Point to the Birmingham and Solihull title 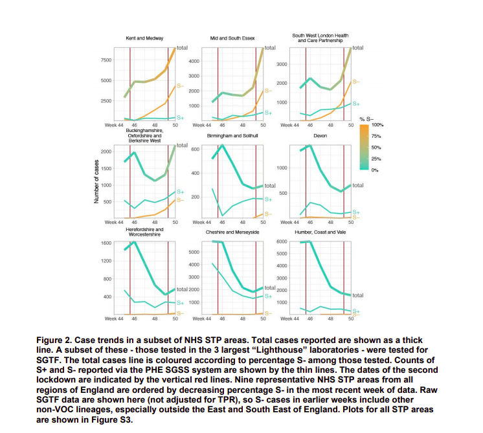232,137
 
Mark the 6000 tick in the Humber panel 282,242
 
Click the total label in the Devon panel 357,185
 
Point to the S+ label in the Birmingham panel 267,199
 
